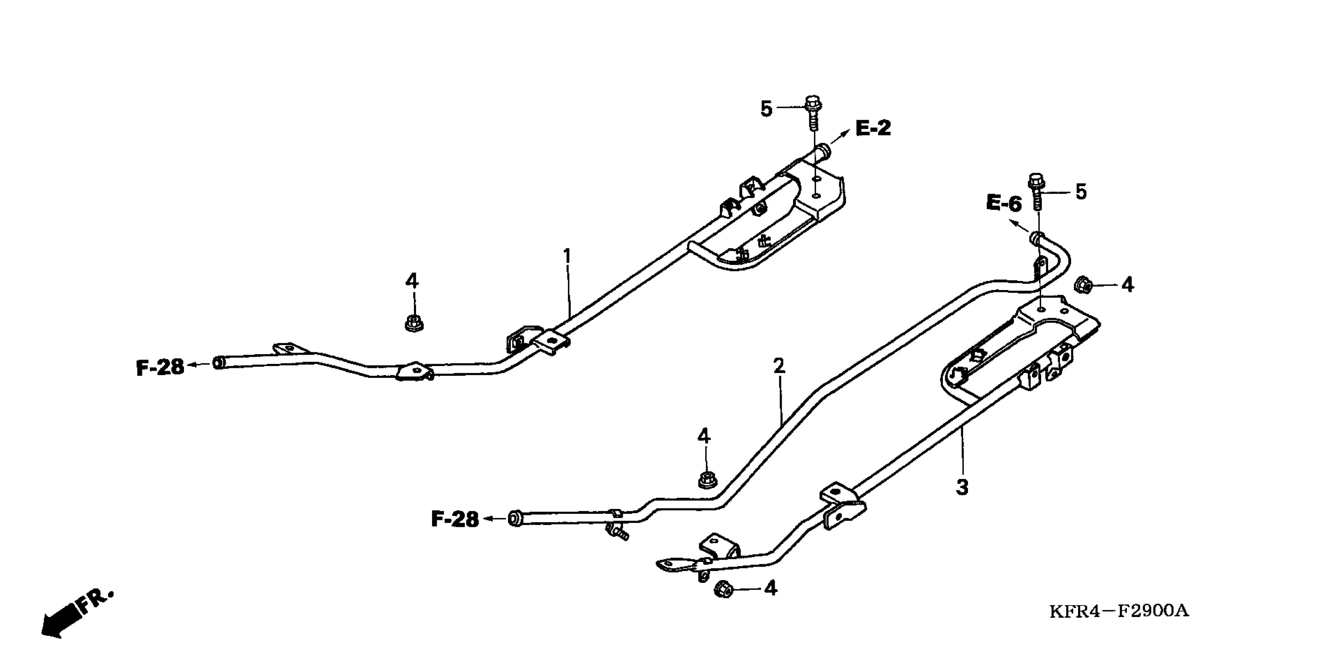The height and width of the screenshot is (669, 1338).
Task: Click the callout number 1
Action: click(567, 257)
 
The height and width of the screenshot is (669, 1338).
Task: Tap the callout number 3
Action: click(962, 488)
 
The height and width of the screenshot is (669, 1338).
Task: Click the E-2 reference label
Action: click(873, 128)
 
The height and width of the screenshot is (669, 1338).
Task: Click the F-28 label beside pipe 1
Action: click(160, 368)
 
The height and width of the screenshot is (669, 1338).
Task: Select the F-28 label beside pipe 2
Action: click(455, 519)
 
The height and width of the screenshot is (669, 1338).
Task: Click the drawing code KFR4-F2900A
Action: click(1119, 611)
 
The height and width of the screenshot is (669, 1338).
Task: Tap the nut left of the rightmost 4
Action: click(1082, 285)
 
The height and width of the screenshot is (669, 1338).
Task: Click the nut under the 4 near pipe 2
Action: click(705, 479)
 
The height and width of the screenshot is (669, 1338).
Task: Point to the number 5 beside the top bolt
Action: click(766, 109)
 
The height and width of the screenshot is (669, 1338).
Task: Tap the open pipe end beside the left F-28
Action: click(219, 362)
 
